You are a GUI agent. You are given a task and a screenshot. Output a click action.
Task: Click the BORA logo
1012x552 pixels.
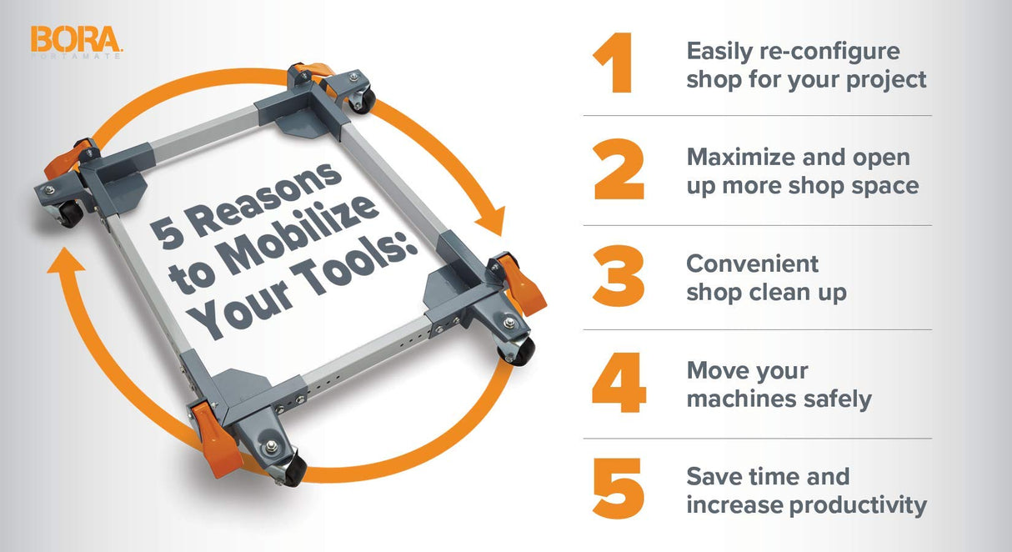point(77,39)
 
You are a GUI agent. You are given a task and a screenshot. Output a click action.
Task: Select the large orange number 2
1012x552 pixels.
point(619,170)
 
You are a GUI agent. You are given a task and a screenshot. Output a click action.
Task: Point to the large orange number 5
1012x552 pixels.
point(619,489)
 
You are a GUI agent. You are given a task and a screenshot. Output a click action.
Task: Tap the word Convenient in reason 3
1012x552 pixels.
point(752,263)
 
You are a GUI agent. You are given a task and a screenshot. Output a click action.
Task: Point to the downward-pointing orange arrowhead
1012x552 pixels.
point(492,223)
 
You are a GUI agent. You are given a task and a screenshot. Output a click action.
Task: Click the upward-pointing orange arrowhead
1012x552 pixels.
point(64,268)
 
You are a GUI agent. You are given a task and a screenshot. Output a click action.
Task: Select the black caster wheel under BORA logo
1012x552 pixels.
point(70,214)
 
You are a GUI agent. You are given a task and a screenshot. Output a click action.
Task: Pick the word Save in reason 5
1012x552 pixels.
point(714,477)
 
